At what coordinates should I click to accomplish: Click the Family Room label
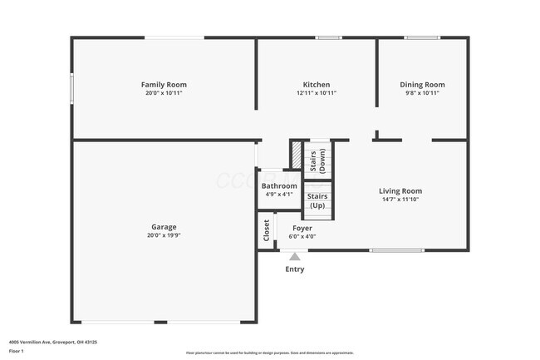pyautogui.click(x=164, y=85)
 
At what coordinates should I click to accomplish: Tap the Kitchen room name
pyautogui.click(x=317, y=85)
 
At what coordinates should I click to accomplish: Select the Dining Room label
pyautogui.click(x=422, y=85)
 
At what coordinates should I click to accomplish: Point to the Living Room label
pyautogui.click(x=400, y=191)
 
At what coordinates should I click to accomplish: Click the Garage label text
pyautogui.click(x=164, y=227)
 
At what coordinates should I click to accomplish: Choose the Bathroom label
pyautogui.click(x=279, y=186)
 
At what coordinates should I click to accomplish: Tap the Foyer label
pyautogui.click(x=302, y=228)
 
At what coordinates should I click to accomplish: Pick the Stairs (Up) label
pyautogui.click(x=318, y=200)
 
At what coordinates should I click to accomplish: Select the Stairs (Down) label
pyautogui.click(x=317, y=160)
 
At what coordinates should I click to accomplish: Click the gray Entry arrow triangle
pyautogui.click(x=294, y=257)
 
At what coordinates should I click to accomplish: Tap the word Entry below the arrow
pyautogui.click(x=295, y=269)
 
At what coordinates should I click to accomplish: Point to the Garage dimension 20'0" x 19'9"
pyautogui.click(x=164, y=235)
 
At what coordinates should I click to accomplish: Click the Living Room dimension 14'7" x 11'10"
pyautogui.click(x=401, y=200)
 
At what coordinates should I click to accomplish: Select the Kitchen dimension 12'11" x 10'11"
pyautogui.click(x=317, y=93)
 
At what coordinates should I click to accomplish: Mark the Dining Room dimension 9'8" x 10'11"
pyautogui.click(x=422, y=93)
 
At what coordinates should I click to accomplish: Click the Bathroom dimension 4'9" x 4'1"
pyautogui.click(x=279, y=195)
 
